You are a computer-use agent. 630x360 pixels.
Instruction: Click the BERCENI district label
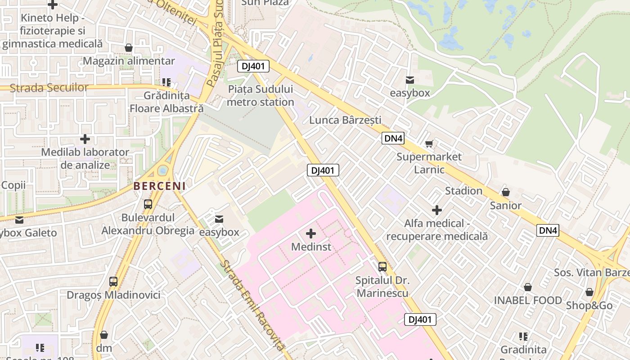coord(159,185)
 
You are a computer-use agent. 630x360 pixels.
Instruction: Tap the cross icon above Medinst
coord(310,234)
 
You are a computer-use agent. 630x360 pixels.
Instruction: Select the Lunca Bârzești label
coord(345,120)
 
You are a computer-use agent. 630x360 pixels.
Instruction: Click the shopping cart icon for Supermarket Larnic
coord(429,144)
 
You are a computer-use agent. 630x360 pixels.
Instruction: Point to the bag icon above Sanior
coord(506,193)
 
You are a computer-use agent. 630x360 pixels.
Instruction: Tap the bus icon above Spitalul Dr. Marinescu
coord(382,267)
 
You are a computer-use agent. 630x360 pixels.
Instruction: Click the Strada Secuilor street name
coord(49,88)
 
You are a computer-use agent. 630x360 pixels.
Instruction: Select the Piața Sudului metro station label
coord(260,95)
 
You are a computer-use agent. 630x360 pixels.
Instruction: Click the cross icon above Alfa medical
coord(436,210)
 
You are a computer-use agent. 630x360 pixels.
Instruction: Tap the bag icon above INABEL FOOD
coord(528,287)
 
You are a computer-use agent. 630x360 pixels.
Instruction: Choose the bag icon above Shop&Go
coord(589,292)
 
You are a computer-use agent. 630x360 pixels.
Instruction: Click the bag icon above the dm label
coord(104,335)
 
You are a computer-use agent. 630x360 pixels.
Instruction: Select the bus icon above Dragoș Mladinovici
coord(113,282)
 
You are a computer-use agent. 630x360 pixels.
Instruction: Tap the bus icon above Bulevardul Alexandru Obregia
coord(148,204)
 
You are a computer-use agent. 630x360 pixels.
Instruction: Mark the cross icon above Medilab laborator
coord(85,139)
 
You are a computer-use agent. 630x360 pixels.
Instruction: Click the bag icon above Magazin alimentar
coord(129,48)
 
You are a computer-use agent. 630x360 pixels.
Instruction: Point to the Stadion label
coord(463,191)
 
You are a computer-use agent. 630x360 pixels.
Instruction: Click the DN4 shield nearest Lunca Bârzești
coord(393,138)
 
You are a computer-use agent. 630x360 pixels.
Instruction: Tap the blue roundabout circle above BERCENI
coord(163,171)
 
